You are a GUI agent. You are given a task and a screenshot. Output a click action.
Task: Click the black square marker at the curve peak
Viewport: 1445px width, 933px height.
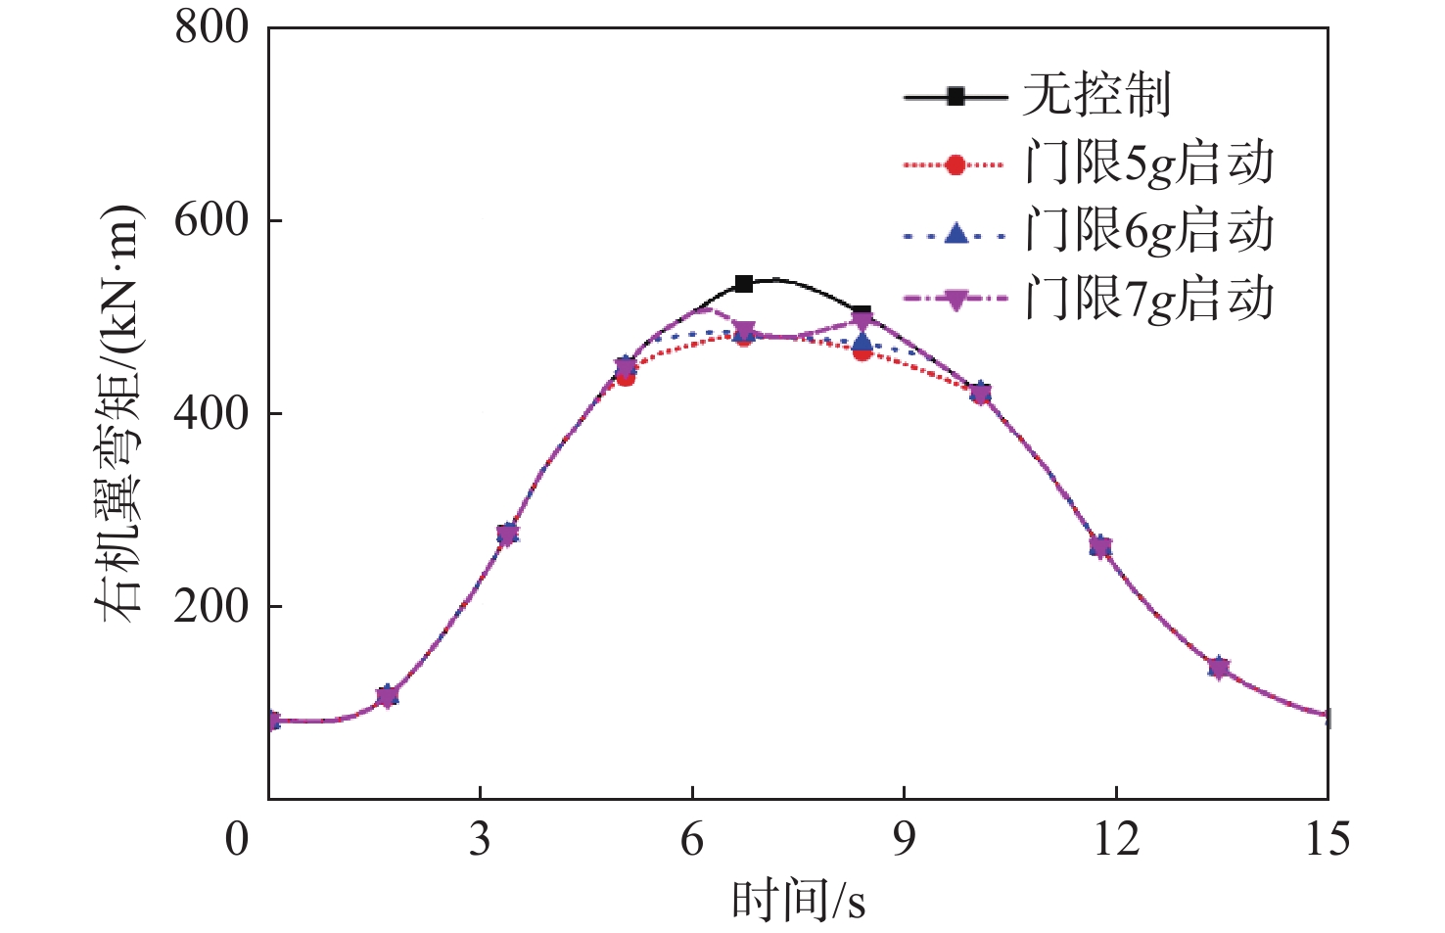[743, 284]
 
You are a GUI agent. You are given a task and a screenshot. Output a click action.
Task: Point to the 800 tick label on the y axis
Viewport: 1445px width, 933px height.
[211, 27]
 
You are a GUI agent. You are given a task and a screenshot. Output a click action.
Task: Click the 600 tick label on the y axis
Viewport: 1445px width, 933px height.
[211, 220]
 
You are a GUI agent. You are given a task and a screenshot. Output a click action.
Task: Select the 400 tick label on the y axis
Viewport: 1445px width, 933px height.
[211, 413]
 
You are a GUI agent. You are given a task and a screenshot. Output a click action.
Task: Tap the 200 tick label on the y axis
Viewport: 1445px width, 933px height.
[211, 606]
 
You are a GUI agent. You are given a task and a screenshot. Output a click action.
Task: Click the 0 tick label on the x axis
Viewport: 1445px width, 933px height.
[238, 840]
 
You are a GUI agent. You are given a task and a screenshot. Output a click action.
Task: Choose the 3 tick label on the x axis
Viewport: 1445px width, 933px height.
[480, 840]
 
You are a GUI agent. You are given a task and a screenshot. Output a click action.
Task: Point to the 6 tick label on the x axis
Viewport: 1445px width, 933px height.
[692, 840]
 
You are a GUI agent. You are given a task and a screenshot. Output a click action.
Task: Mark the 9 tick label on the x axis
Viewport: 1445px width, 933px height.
[904, 840]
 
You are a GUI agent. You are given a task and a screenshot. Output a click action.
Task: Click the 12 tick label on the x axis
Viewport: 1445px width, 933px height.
[1116, 840]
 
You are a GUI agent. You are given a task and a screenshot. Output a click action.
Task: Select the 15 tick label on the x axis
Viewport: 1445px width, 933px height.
[1328, 840]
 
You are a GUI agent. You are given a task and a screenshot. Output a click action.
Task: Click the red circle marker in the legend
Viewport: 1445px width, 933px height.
[956, 165]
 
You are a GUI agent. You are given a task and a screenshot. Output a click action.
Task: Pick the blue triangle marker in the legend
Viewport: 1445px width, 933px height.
[956, 233]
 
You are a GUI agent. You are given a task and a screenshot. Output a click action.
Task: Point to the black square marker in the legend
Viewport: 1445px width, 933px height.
[956, 97]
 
